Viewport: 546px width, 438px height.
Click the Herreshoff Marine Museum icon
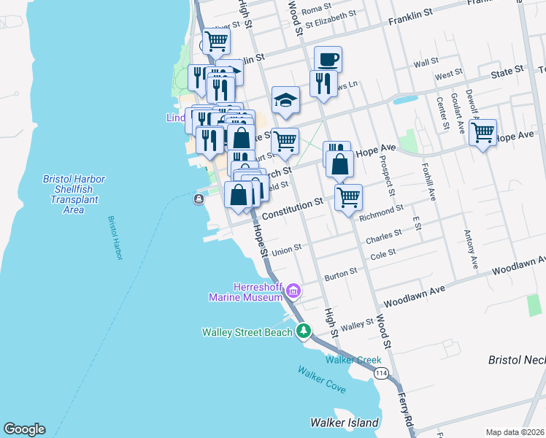click(293, 292)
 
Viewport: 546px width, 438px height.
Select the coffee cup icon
click(328, 58)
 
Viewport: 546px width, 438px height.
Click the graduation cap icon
click(286, 99)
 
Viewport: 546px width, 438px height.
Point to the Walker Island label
click(345, 423)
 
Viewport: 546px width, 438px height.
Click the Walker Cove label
click(321, 380)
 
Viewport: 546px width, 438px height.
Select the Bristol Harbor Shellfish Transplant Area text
click(74, 194)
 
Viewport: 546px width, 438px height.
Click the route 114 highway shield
click(380, 373)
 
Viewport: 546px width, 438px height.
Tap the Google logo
click(23, 429)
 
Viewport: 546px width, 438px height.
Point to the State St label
click(507, 71)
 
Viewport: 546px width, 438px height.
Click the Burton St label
click(341, 273)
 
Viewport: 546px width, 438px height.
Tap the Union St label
click(287, 251)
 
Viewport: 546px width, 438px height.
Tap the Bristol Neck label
click(516, 361)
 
